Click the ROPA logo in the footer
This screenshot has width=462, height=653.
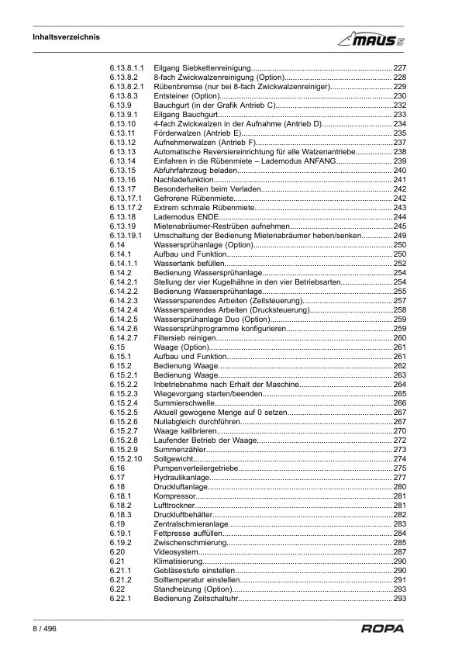tap(382, 628)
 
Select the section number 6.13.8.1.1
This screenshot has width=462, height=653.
tap(128, 68)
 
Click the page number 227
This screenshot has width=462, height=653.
tap(400, 68)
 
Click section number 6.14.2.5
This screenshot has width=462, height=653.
tap(124, 319)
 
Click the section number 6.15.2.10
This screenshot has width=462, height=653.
tap(126, 459)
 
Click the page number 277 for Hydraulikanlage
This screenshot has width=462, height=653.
tap(400, 478)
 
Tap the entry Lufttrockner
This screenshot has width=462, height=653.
tap(174, 506)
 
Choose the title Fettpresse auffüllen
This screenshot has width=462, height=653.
tap(187, 534)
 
